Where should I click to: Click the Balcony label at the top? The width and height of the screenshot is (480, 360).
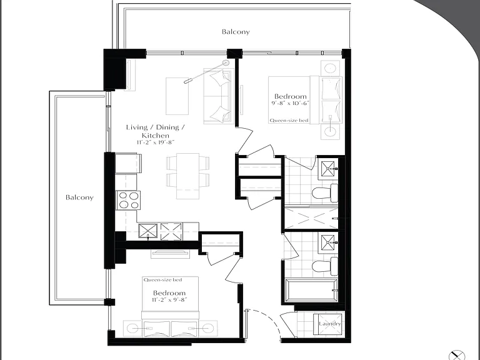click(x=236, y=32)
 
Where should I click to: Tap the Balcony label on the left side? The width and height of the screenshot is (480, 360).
click(x=79, y=197)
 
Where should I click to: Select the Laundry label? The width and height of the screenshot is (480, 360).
click(x=330, y=324)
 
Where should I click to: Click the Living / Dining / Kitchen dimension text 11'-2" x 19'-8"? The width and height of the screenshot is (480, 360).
click(x=156, y=142)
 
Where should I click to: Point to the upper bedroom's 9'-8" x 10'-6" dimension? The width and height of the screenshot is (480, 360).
click(x=290, y=103)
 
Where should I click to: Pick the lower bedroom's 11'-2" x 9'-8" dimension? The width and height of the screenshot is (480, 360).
click(x=169, y=300)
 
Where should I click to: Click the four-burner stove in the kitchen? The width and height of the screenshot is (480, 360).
click(x=128, y=200)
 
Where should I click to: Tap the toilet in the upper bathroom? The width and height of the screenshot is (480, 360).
click(x=325, y=193)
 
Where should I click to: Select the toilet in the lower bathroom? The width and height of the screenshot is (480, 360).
click(x=325, y=266)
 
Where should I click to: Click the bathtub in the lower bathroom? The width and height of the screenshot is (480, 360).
click(x=312, y=290)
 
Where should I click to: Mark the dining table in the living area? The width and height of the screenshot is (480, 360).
click(x=187, y=176)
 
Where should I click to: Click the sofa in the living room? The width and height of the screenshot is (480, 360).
click(x=219, y=96)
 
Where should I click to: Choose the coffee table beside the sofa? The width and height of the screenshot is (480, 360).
click(x=177, y=96)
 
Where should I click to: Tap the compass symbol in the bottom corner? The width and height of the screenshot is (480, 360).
click(x=456, y=355)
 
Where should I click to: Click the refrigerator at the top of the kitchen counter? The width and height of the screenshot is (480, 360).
click(x=128, y=164)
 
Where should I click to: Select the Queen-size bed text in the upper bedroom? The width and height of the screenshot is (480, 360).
click(x=289, y=121)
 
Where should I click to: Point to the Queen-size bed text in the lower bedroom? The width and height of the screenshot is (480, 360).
click(x=163, y=280)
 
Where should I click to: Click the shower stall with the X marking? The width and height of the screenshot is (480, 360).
click(x=312, y=218)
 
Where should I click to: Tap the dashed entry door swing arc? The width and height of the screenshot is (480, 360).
click(x=270, y=318)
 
